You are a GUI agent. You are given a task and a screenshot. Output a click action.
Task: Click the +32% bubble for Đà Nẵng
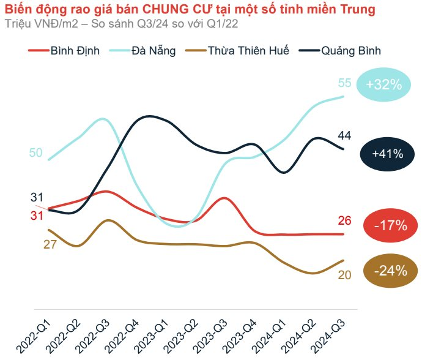click(x=384, y=84)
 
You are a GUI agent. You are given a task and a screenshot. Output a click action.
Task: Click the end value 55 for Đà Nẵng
click(x=344, y=83)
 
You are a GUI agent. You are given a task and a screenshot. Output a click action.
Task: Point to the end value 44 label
click(x=344, y=135)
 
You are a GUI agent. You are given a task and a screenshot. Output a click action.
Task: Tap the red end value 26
click(x=344, y=221)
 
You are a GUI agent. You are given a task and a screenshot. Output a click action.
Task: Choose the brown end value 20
click(x=344, y=275)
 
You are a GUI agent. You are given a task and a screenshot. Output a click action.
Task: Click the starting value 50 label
click(x=35, y=152)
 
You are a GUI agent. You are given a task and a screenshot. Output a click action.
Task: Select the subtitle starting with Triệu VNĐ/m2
click(x=121, y=24)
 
